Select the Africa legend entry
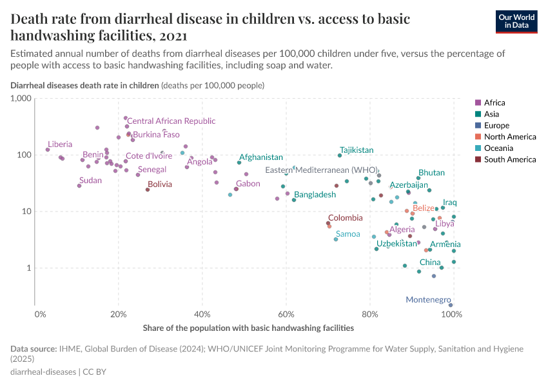(x=494, y=103)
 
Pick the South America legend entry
(x=509, y=159)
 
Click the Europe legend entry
(x=496, y=125)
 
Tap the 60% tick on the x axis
(x=286, y=315)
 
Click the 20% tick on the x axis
(x=118, y=315)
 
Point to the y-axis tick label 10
(x=26, y=212)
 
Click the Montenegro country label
(x=427, y=300)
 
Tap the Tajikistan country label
(x=357, y=150)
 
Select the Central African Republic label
(x=171, y=121)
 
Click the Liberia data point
(x=48, y=150)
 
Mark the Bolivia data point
(x=148, y=190)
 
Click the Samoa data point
(x=336, y=239)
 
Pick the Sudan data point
(x=79, y=186)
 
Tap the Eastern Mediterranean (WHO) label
(x=322, y=170)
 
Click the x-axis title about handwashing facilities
(x=248, y=328)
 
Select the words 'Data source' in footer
(x=32, y=348)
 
